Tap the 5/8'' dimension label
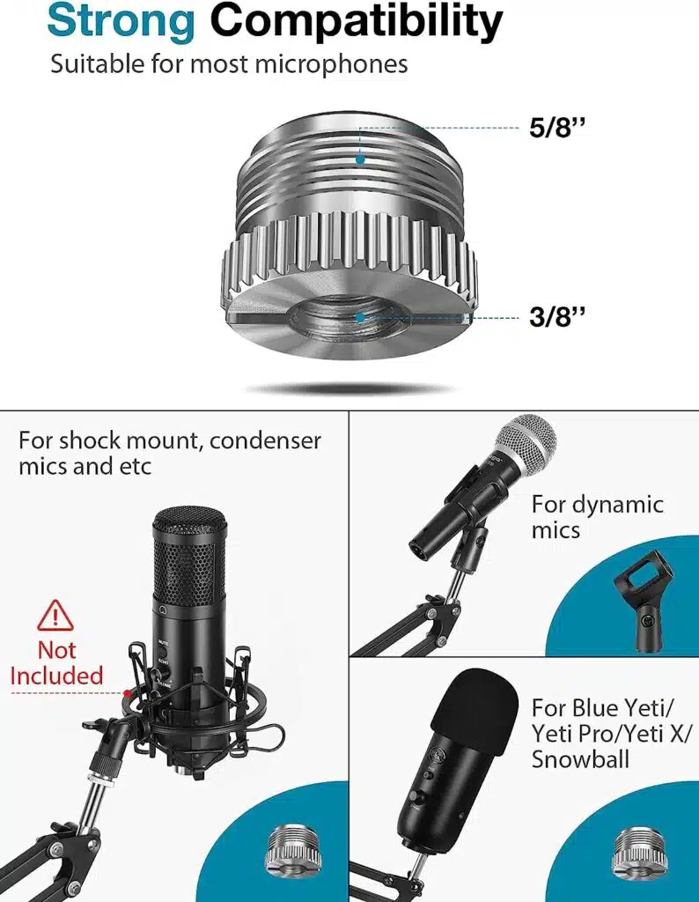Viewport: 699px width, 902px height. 557,127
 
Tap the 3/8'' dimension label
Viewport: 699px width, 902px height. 557,316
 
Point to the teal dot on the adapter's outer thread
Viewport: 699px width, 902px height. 360,159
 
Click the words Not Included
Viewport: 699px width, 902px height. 56,662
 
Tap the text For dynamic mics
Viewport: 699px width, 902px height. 597,516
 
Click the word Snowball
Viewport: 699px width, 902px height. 580,759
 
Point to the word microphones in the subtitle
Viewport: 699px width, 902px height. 331,64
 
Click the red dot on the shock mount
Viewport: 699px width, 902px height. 128,693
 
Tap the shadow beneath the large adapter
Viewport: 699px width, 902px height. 350,389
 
